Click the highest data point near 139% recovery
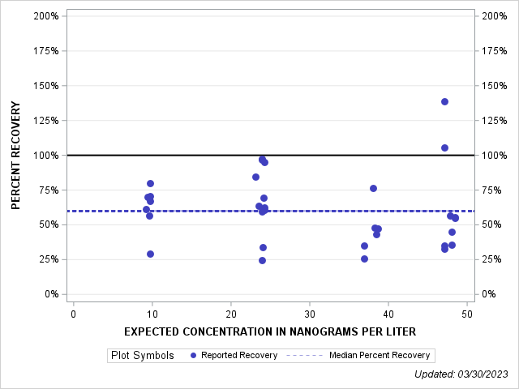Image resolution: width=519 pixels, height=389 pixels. click(444, 101)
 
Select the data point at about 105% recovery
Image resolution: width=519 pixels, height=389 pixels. click(444, 147)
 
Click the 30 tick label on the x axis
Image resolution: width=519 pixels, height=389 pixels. click(310, 314)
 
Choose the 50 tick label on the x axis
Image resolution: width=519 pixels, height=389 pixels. click(467, 314)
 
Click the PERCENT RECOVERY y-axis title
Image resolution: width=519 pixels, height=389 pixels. click(16, 155)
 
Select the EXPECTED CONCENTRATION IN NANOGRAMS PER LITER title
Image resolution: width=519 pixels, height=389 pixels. click(270, 331)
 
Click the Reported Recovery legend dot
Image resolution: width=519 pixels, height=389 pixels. click(193, 355)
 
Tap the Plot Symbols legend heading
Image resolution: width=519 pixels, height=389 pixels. click(142, 355)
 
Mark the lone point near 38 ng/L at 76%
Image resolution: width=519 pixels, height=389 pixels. click(373, 188)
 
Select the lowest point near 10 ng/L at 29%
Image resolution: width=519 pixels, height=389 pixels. click(150, 254)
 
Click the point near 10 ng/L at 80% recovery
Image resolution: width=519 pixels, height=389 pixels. click(150, 183)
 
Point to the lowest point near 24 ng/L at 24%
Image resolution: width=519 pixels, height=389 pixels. click(262, 260)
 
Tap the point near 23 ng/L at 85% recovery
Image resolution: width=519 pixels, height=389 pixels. click(255, 177)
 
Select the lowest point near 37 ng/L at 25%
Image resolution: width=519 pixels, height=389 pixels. click(364, 259)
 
